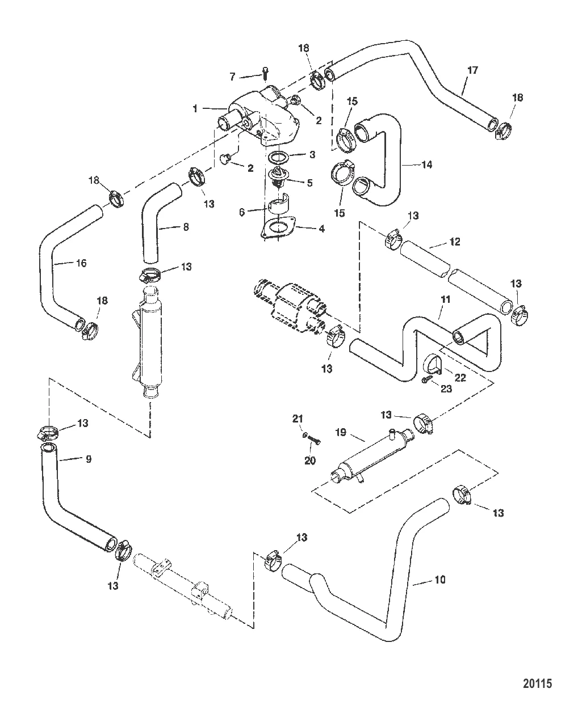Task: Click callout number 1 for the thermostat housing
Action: pyautogui.click(x=195, y=108)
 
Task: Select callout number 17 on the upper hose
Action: pyautogui.click(x=472, y=70)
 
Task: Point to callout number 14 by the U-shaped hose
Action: pyautogui.click(x=427, y=164)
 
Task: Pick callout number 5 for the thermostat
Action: pyautogui.click(x=310, y=183)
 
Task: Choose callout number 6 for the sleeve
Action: pyautogui.click(x=242, y=211)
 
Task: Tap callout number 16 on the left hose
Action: pyautogui.click(x=81, y=263)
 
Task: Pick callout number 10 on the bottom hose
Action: pyautogui.click(x=439, y=580)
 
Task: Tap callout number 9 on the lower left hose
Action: pyautogui.click(x=88, y=458)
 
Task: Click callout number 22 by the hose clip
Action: pyautogui.click(x=460, y=378)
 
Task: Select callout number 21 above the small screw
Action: pyautogui.click(x=298, y=419)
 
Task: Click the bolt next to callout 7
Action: pyautogui.click(x=265, y=73)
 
